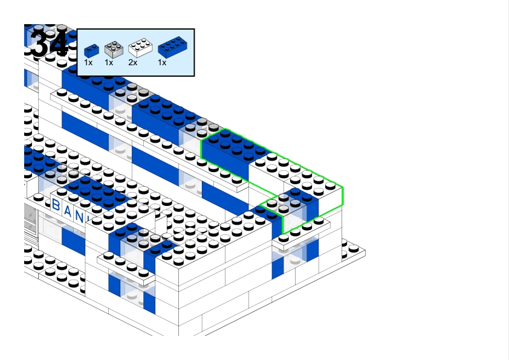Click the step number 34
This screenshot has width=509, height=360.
(x=48, y=43)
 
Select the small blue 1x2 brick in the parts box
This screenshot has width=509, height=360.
(x=92, y=50)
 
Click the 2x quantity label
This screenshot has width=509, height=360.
(x=133, y=62)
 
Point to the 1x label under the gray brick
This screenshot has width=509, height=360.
(x=109, y=62)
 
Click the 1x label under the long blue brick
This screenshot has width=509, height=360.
(x=162, y=62)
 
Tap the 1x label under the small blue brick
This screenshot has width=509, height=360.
(x=88, y=62)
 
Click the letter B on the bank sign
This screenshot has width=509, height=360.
(x=57, y=205)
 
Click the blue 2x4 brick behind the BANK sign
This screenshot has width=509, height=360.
(x=97, y=191)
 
